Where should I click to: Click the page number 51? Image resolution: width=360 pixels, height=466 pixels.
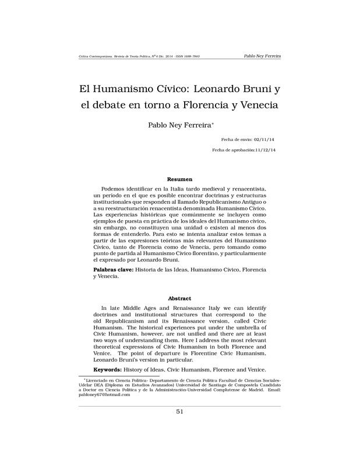pyautogui.click(x=179, y=412)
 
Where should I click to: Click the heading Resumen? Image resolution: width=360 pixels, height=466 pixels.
pyautogui.click(x=179, y=179)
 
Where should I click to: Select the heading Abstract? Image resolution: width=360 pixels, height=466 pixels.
pyautogui.click(x=179, y=298)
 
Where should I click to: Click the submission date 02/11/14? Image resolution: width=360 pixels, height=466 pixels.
pyautogui.click(x=263, y=140)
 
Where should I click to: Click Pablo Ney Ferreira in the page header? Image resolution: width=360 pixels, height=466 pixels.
pyautogui.click(x=261, y=56)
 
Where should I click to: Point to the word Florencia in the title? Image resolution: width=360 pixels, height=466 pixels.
pyautogui.click(x=199, y=106)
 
